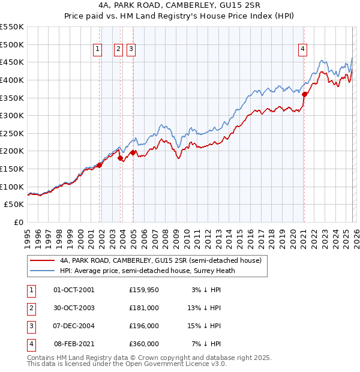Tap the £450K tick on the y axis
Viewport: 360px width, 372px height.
click(x=12, y=62)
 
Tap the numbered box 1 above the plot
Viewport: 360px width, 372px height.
click(x=97, y=50)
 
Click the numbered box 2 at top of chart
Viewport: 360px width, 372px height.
click(x=118, y=50)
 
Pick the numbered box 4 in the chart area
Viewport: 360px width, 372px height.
click(x=303, y=50)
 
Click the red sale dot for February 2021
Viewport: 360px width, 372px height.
click(x=304, y=94)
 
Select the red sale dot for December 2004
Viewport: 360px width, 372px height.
click(x=133, y=152)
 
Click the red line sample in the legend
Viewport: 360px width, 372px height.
click(x=41, y=261)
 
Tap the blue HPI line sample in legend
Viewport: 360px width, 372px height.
click(x=41, y=271)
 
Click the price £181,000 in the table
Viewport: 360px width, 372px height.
click(x=144, y=308)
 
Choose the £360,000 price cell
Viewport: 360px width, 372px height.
click(x=144, y=344)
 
